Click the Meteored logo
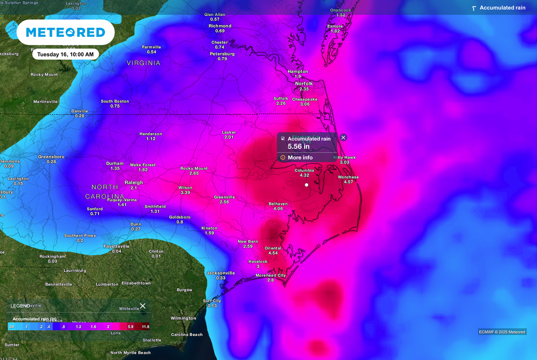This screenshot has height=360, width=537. tap(66, 32)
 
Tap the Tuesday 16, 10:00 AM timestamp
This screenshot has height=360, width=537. tap(66, 54)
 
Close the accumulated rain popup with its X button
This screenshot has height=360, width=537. tap(343, 137)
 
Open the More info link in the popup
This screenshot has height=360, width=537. tap(300, 157)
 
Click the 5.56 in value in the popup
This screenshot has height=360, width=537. tap(298, 147)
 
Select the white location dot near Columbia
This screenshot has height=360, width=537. tap(307, 184)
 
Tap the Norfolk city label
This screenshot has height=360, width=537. tap(304, 84)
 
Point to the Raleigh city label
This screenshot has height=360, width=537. tap(134, 182)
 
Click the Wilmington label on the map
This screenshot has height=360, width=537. tap(183, 318)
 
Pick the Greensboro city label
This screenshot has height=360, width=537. tap(51, 156)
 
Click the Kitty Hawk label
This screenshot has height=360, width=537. tap(345, 157)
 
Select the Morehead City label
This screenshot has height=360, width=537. tap(271, 275)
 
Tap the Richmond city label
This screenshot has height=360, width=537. tap(220, 26)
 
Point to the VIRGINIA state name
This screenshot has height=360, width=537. tap(143, 63)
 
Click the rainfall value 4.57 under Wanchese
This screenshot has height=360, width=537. tap(348, 182)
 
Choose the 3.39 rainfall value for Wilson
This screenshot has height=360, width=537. tap(185, 193)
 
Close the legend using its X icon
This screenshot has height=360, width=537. tap(143, 306)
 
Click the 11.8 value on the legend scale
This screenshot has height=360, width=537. tap(145, 326)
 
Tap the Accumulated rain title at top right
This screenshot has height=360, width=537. tap(502, 8)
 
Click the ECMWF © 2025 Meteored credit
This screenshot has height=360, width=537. tap(502, 332)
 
